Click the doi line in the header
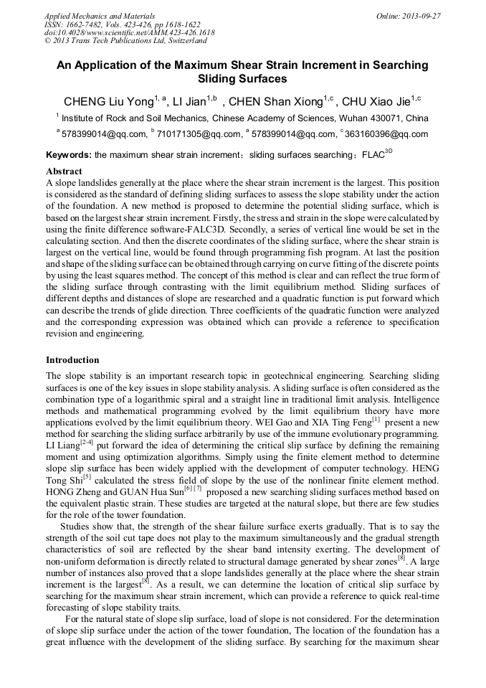click(x=129, y=33)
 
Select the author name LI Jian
click(x=191, y=101)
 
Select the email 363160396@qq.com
click(x=387, y=133)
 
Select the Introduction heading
click(x=72, y=360)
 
